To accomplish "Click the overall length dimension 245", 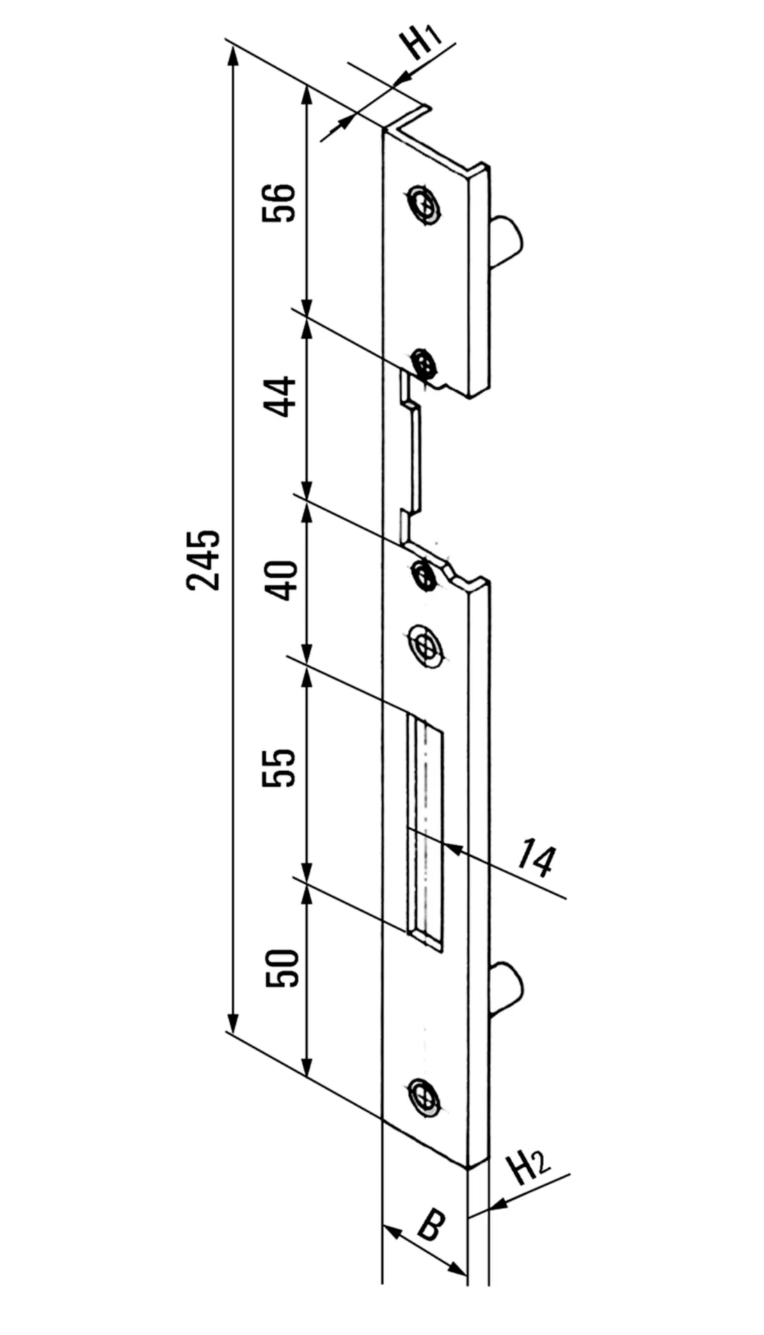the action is [x=202, y=560].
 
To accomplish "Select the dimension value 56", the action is [x=279, y=202].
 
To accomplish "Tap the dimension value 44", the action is [x=281, y=396].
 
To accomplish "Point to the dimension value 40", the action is [x=284, y=581].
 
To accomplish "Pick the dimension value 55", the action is [x=280, y=768].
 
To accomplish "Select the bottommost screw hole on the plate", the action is [x=422, y=1097].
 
